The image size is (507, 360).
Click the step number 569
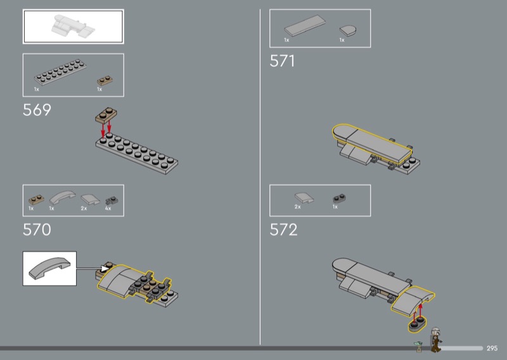37,110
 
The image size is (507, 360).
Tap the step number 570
37,229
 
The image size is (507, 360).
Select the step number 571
282,61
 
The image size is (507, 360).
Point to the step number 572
283,229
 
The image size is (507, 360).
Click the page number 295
492,349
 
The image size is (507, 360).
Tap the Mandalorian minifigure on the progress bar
435,339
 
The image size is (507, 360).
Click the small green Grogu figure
419,347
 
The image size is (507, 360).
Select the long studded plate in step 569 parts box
60,72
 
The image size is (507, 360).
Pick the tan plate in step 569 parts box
105,80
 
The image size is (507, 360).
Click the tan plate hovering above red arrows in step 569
106,115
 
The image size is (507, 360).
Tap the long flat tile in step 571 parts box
305,25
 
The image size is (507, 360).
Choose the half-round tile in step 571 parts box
347,30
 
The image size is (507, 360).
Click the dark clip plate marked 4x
112,200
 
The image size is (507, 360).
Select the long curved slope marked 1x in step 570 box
62,197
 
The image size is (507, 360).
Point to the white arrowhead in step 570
105,268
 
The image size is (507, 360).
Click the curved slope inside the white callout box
49,268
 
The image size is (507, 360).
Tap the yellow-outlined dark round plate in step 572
417,325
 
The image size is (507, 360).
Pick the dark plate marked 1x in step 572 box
340,198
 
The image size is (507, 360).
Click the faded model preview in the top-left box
74,26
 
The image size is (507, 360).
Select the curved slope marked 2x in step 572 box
304,198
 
